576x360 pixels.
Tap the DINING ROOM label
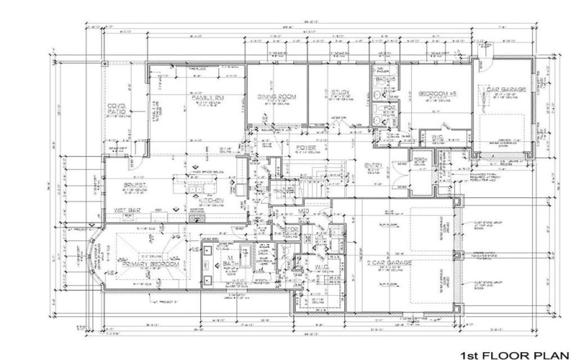tap(277, 96)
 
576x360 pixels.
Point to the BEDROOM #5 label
tap(434, 94)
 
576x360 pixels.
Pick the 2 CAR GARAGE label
tap(390, 264)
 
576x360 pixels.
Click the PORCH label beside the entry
tap(421, 158)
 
